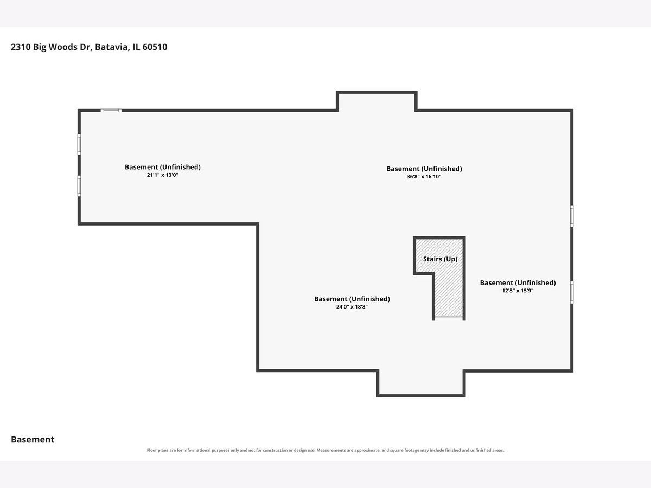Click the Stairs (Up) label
440,259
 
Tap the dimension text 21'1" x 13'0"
163,175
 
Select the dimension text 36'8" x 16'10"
424,177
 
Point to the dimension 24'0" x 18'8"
352,307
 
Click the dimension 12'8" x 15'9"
518,291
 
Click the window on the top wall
111,111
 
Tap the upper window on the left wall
79,144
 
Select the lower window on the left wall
79,186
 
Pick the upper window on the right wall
572,216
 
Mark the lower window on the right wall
572,292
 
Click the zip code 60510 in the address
155,47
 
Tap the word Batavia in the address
112,47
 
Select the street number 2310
21,47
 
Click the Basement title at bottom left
33,439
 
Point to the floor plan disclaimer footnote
325,450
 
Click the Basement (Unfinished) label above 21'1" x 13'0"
163,167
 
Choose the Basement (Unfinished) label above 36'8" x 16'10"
424,169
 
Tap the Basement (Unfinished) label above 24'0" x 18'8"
352,299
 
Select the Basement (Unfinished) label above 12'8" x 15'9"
518,283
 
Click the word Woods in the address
62,47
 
